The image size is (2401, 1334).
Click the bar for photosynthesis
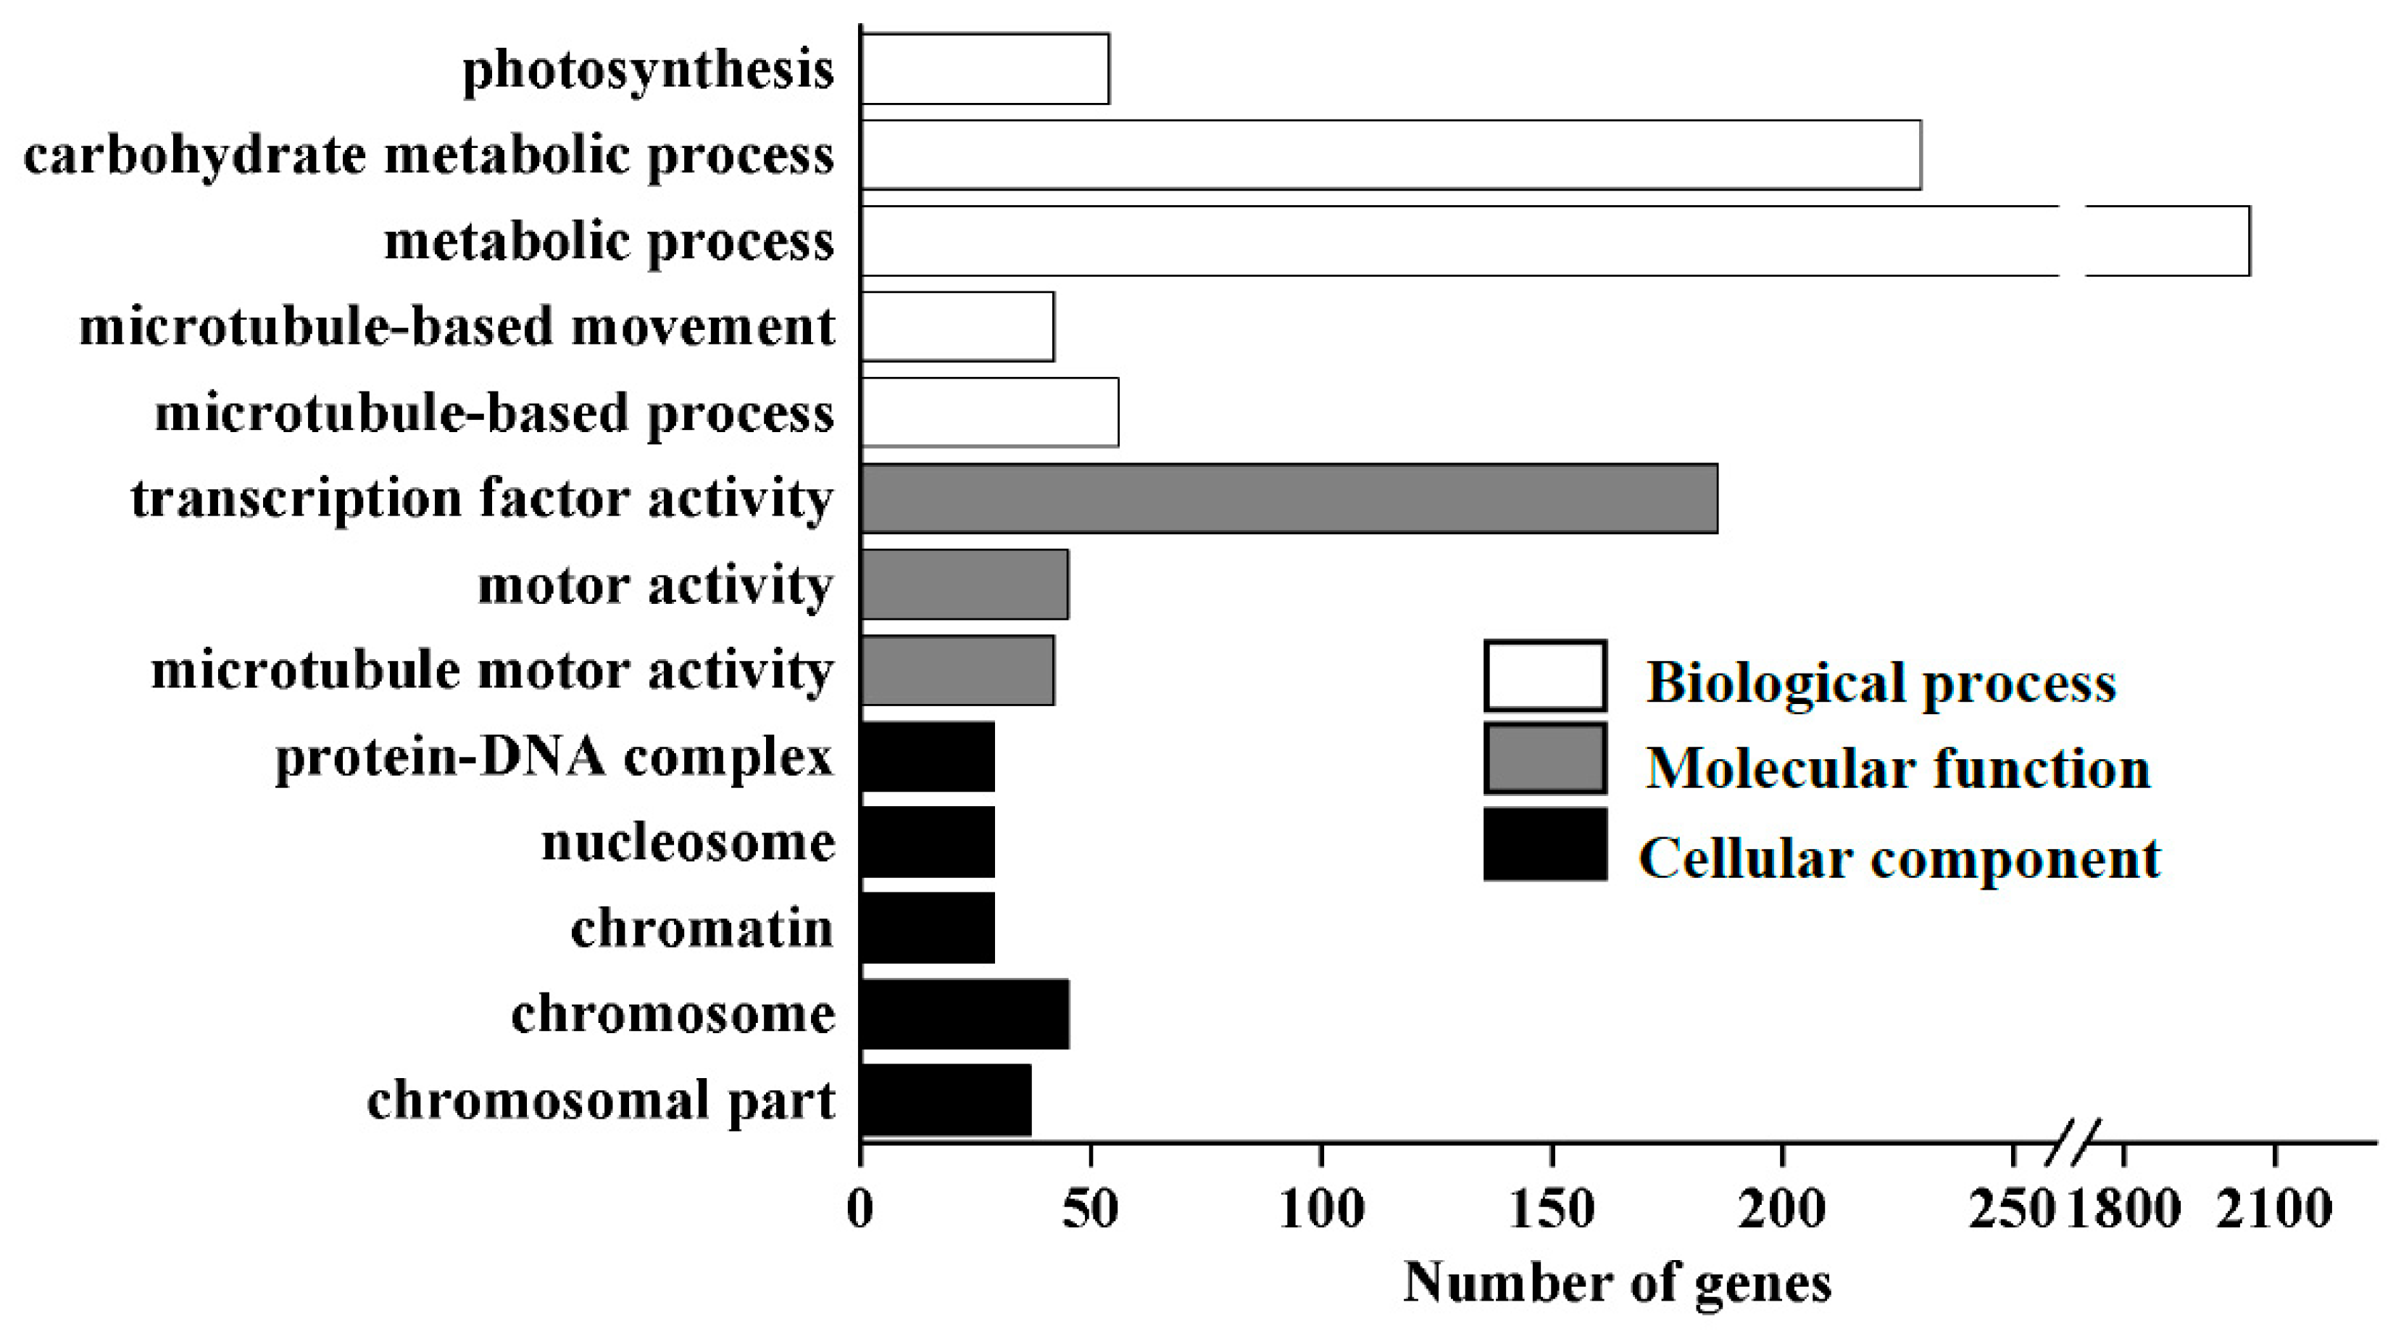tap(984, 69)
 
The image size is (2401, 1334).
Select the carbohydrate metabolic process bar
tap(1390, 154)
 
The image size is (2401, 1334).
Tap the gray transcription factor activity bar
tap(1289, 499)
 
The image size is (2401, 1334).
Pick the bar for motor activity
tap(964, 584)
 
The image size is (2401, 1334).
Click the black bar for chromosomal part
tap(945, 1100)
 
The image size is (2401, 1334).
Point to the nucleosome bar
tap(928, 842)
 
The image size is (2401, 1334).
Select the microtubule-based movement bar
tap(957, 326)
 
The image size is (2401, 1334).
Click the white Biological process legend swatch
tap(1544, 676)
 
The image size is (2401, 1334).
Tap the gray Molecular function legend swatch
tap(1544, 759)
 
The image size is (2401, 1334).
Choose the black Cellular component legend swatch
tap(1544, 845)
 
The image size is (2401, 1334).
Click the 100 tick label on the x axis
tap(1322, 1209)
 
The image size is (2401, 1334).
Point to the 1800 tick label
tap(2124, 1209)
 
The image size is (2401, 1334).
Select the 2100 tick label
tap(2275, 1209)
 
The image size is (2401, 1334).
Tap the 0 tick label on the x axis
tap(860, 1209)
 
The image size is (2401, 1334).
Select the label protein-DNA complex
tap(554, 757)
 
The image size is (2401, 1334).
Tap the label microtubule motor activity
tap(492, 671)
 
